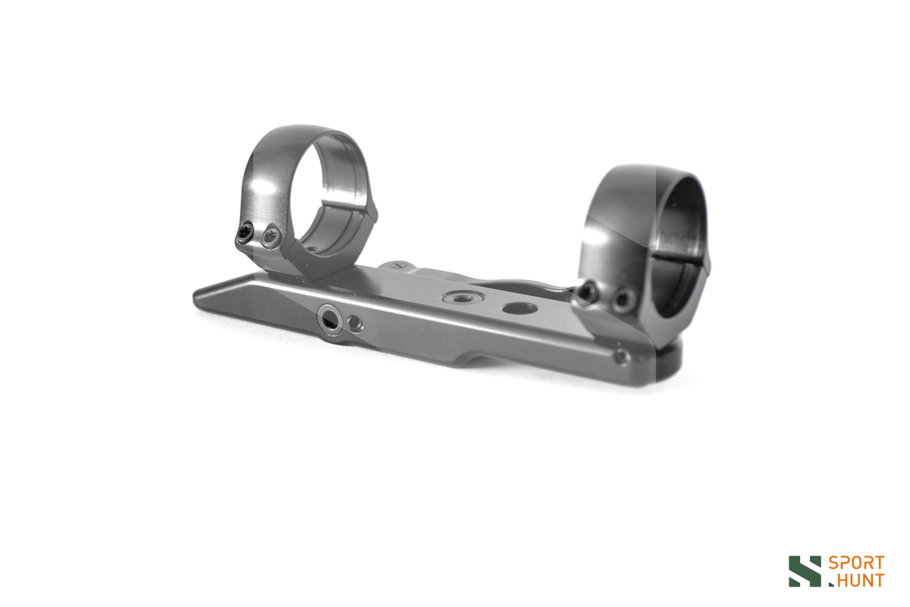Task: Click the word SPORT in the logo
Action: pyautogui.click(x=856, y=563)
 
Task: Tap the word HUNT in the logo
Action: pyautogui.click(x=860, y=580)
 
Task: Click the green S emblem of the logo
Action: pyautogui.click(x=805, y=571)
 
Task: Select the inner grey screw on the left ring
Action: pyautogui.click(x=270, y=236)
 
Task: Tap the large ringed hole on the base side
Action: pyautogui.click(x=329, y=319)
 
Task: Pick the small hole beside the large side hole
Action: pyautogui.click(x=355, y=324)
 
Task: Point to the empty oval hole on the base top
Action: pyautogui.click(x=519, y=309)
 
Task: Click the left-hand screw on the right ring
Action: pyautogui.click(x=588, y=292)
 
